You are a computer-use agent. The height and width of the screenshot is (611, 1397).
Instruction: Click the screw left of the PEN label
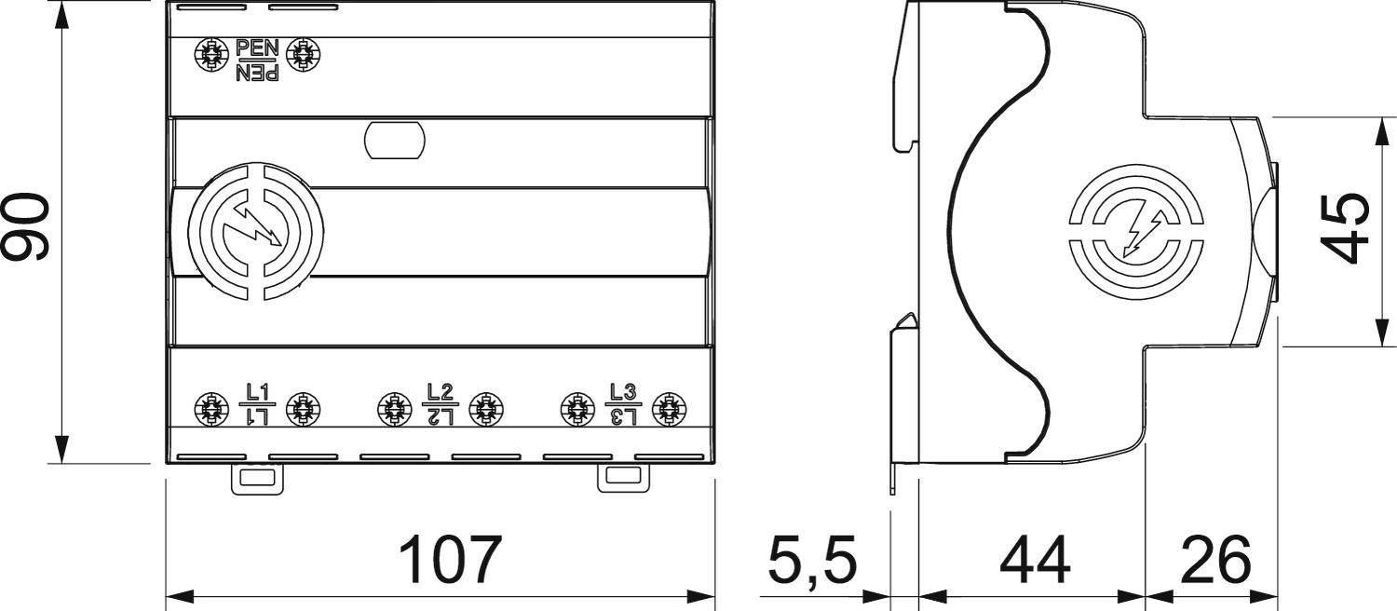(211, 56)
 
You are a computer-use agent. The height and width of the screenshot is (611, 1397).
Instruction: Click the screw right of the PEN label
(301, 56)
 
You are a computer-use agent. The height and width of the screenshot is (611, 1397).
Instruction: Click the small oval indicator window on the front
(394, 141)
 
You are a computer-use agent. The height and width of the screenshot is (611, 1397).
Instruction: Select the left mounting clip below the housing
(256, 480)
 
